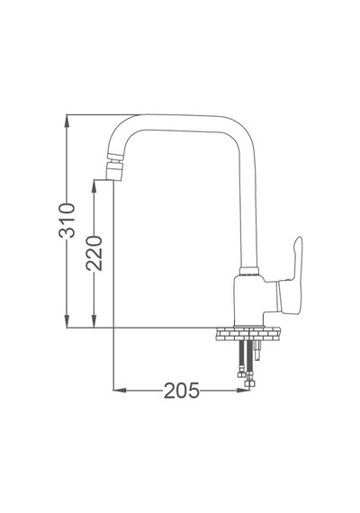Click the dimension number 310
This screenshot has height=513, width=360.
click(67, 220)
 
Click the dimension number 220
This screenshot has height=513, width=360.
click(94, 253)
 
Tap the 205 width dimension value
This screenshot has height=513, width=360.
click(181, 391)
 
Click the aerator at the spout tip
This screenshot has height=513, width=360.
click(115, 167)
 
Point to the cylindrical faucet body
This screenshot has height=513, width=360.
click(249, 301)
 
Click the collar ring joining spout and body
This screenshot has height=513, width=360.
click(249, 271)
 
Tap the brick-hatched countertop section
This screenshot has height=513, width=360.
click(248, 334)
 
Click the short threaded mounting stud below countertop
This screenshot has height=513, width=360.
click(257, 350)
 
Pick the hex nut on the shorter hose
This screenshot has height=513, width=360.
click(241, 374)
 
